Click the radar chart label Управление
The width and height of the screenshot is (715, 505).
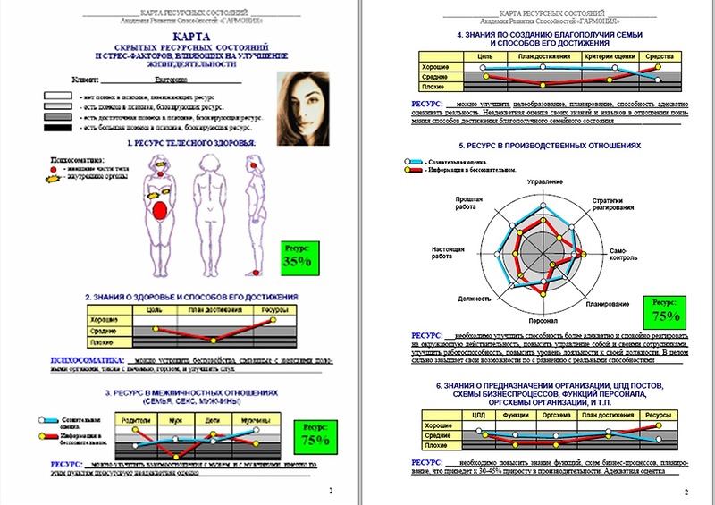click(545, 181)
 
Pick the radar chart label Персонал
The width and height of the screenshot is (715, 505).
click(544, 320)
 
